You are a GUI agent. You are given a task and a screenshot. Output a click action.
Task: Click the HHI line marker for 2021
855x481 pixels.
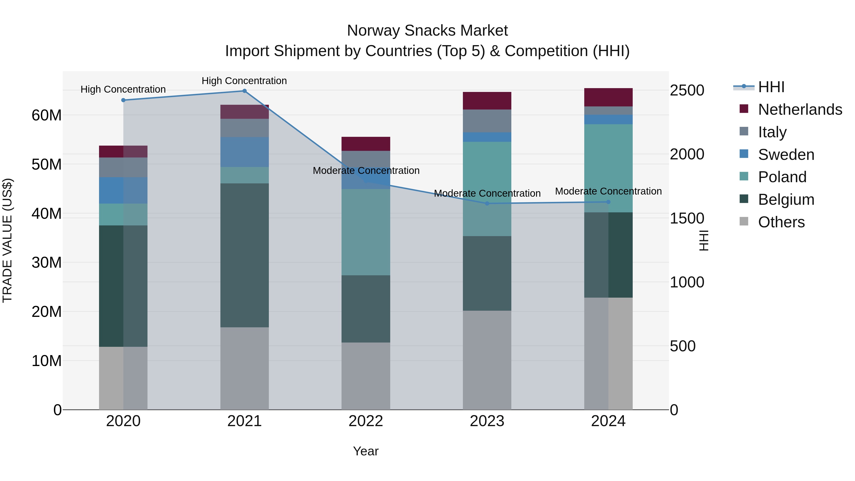(x=244, y=91)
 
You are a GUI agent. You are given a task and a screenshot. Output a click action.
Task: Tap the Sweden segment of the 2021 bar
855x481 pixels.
(x=244, y=152)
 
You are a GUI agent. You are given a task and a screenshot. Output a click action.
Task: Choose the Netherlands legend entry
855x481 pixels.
(x=800, y=110)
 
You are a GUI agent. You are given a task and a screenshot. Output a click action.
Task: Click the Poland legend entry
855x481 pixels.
(x=782, y=177)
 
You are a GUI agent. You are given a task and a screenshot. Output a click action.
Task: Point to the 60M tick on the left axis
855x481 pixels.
(x=47, y=115)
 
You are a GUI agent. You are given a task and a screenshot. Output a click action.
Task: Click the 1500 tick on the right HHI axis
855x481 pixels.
(x=687, y=219)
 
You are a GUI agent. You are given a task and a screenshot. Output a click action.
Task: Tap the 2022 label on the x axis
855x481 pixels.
(x=366, y=421)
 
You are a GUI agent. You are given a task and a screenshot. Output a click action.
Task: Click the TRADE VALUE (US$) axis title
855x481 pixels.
(x=7, y=240)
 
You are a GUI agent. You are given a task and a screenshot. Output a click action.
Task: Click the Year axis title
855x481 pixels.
(x=366, y=451)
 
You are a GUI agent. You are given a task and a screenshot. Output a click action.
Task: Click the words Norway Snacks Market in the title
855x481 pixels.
(x=427, y=31)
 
